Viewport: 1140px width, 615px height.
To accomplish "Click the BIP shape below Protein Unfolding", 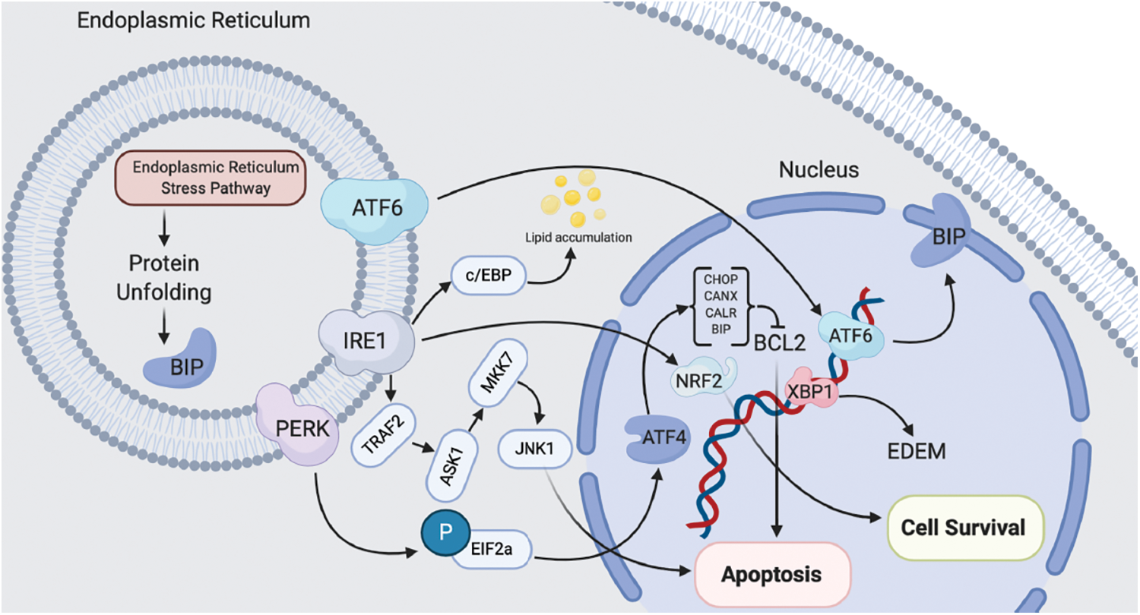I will (x=180, y=355).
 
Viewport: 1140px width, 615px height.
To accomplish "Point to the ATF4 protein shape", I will (x=658, y=438).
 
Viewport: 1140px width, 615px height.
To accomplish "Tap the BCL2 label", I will (x=779, y=342).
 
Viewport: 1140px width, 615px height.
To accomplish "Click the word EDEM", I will (x=917, y=451).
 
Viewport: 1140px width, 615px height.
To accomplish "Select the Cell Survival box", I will (x=963, y=526).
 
